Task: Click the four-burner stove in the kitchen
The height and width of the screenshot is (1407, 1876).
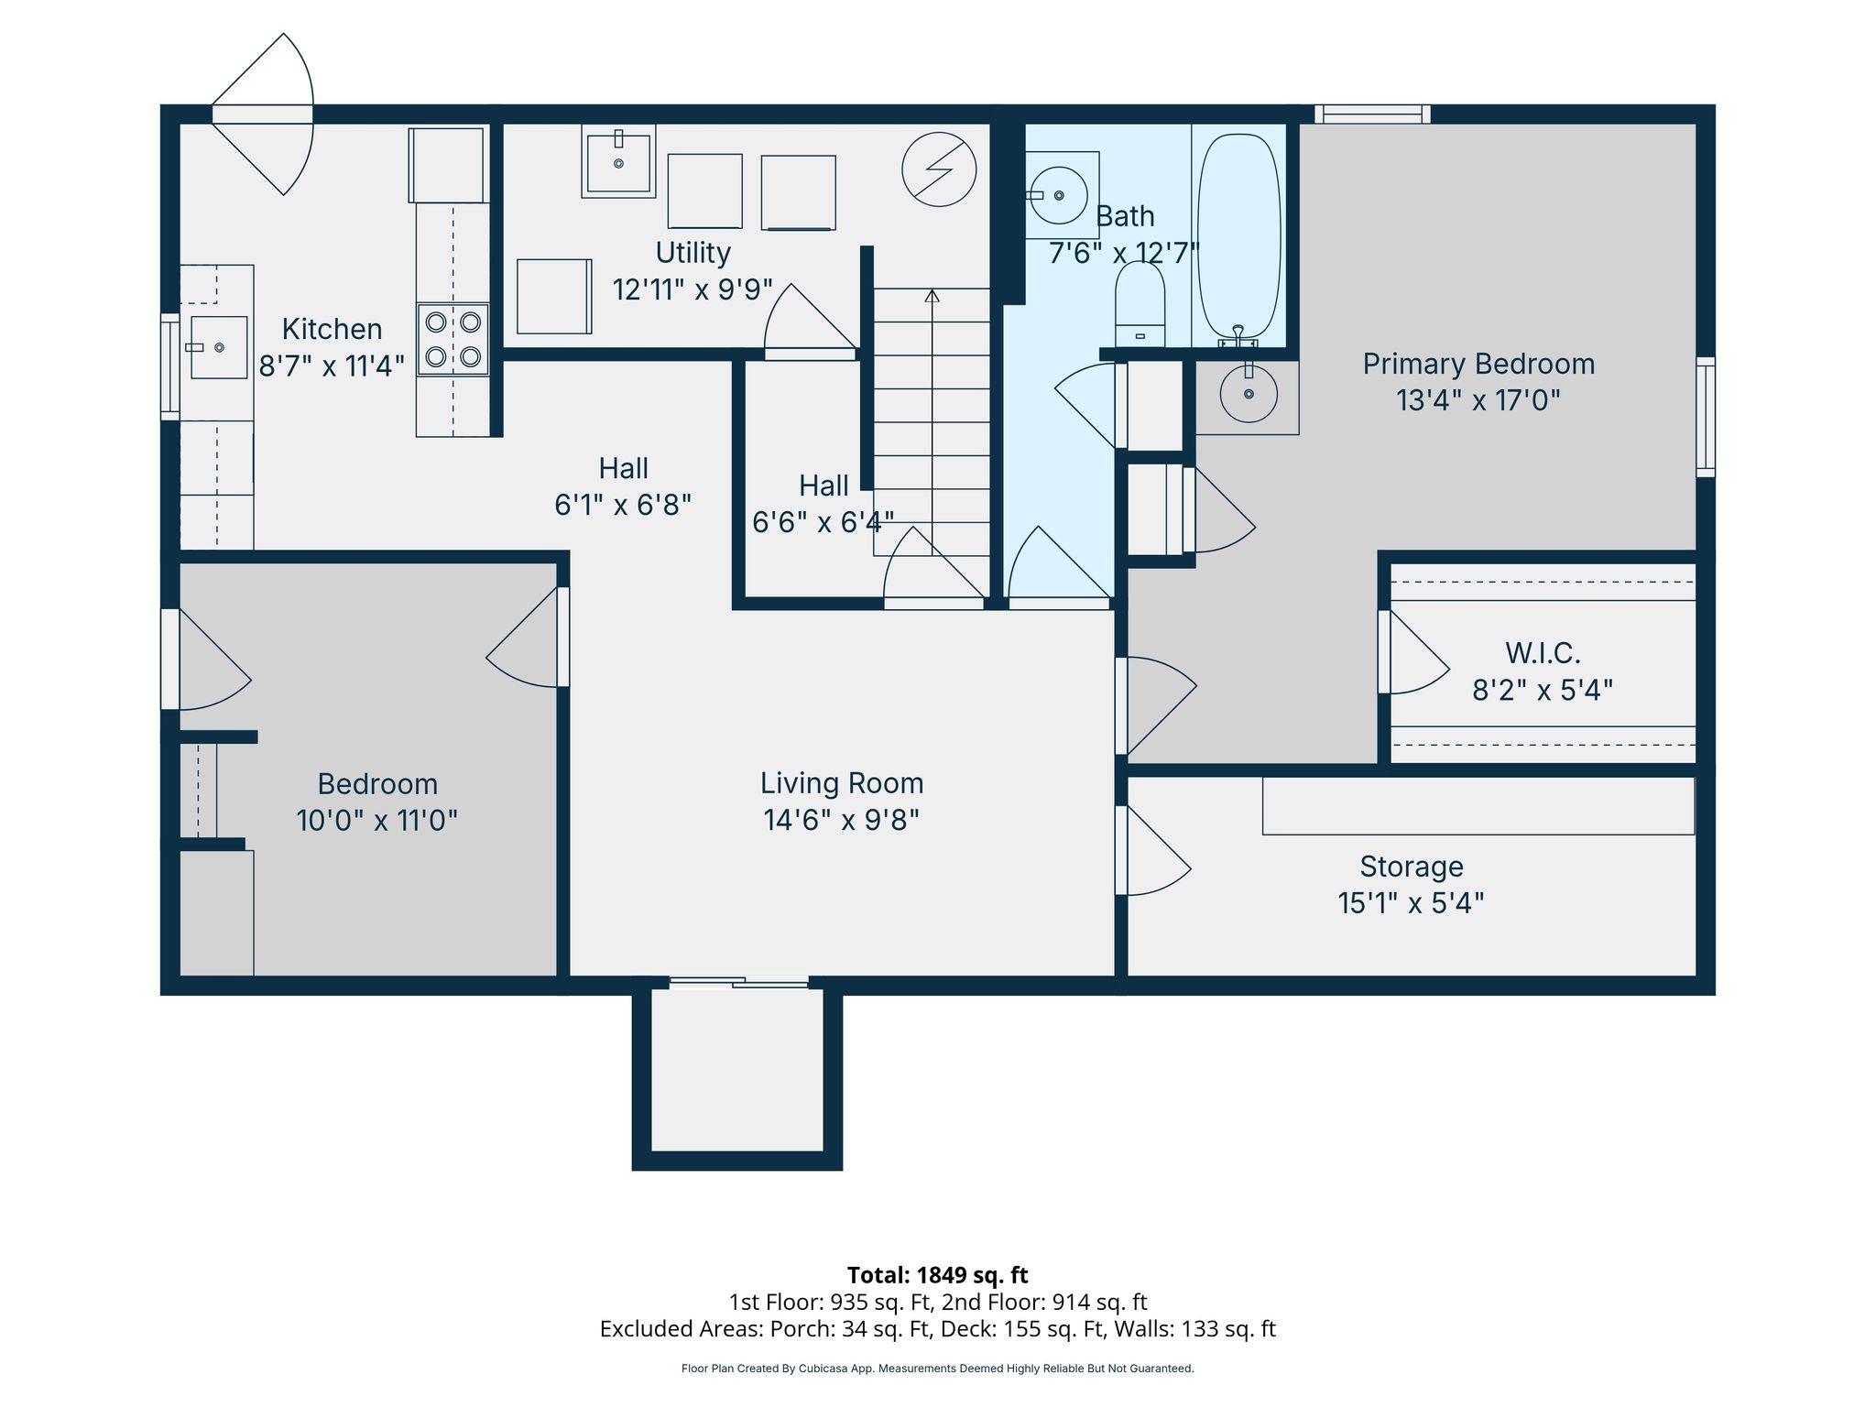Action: pos(453,339)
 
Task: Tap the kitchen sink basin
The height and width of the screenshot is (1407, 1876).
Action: pos(218,347)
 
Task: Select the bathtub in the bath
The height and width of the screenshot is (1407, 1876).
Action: pos(1238,236)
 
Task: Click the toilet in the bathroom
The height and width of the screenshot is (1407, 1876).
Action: pos(1140,304)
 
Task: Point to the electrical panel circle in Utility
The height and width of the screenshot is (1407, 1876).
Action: pos(939,169)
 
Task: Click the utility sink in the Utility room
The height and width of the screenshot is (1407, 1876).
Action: pos(618,161)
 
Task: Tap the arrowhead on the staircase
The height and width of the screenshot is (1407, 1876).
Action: pos(932,295)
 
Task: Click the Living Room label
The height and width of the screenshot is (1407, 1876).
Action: pos(842,783)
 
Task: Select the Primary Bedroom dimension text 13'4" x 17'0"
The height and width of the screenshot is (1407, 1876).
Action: pos(1478,400)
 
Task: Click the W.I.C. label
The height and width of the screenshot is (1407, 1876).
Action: pos(1543,653)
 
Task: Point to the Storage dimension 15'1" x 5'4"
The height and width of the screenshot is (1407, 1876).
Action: pos(1411,903)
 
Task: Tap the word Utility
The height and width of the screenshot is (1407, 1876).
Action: pos(693,253)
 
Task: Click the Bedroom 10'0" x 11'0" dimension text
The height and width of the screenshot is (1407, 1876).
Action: pos(376,820)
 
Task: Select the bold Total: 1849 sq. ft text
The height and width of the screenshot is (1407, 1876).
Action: pos(937,1275)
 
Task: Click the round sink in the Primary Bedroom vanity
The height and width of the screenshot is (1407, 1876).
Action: pos(1249,394)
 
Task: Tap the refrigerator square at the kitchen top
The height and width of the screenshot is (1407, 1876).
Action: pos(447,165)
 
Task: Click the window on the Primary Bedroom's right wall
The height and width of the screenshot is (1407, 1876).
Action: pos(1705,417)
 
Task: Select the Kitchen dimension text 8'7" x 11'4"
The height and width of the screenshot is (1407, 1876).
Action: pos(332,366)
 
